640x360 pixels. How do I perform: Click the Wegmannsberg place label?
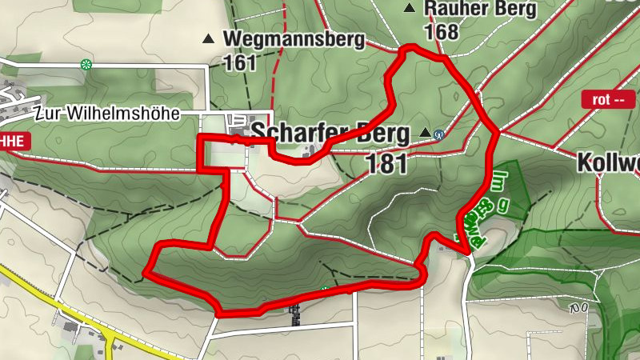tap(294, 38)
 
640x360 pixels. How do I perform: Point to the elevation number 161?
tap(239, 62)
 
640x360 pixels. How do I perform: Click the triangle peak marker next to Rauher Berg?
tap(410, 9)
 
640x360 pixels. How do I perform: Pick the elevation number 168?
tap(442, 32)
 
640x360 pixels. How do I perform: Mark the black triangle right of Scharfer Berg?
tap(424, 133)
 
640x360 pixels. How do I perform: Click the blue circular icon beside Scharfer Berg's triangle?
tap(439, 134)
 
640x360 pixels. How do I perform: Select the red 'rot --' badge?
tap(607, 100)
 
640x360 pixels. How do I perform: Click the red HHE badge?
tap(14, 142)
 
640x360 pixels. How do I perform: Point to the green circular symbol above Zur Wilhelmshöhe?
tap(86, 64)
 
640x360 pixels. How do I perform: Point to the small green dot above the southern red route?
tap(324, 289)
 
